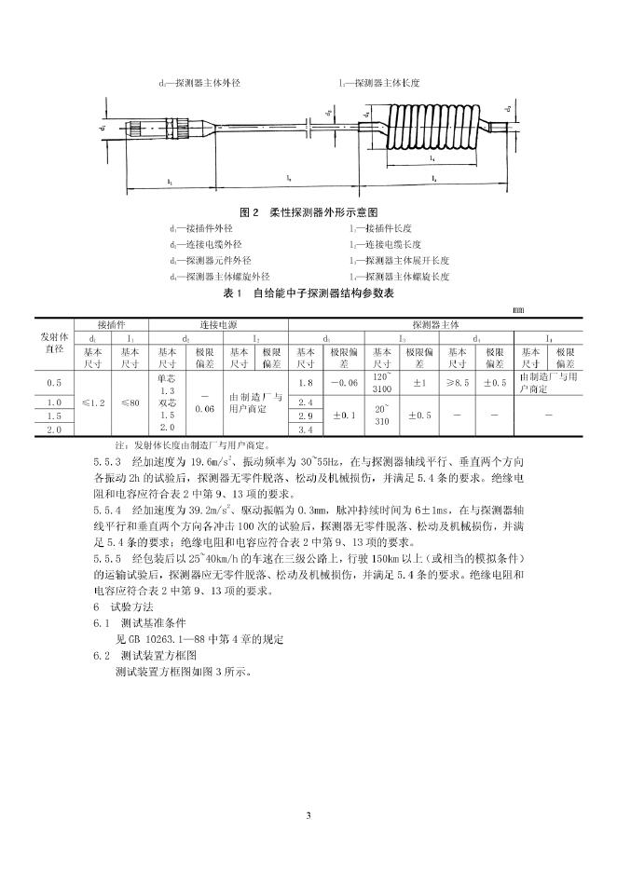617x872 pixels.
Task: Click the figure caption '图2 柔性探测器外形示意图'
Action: point(308,212)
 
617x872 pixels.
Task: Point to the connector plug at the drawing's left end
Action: point(145,125)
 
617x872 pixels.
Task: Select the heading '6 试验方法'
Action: point(125,606)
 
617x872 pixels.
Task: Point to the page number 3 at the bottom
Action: point(308,816)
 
